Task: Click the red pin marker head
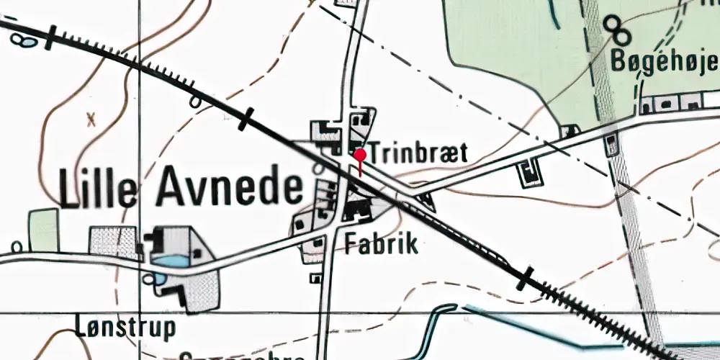click(x=360, y=154)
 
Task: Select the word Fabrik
click(x=382, y=243)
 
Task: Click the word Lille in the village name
click(x=98, y=189)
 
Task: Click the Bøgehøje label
click(x=664, y=63)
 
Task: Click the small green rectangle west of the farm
click(x=44, y=230)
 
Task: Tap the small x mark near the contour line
click(x=91, y=120)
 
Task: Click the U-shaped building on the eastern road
click(x=531, y=172)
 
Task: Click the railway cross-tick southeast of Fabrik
click(x=526, y=278)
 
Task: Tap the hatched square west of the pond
click(x=113, y=242)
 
